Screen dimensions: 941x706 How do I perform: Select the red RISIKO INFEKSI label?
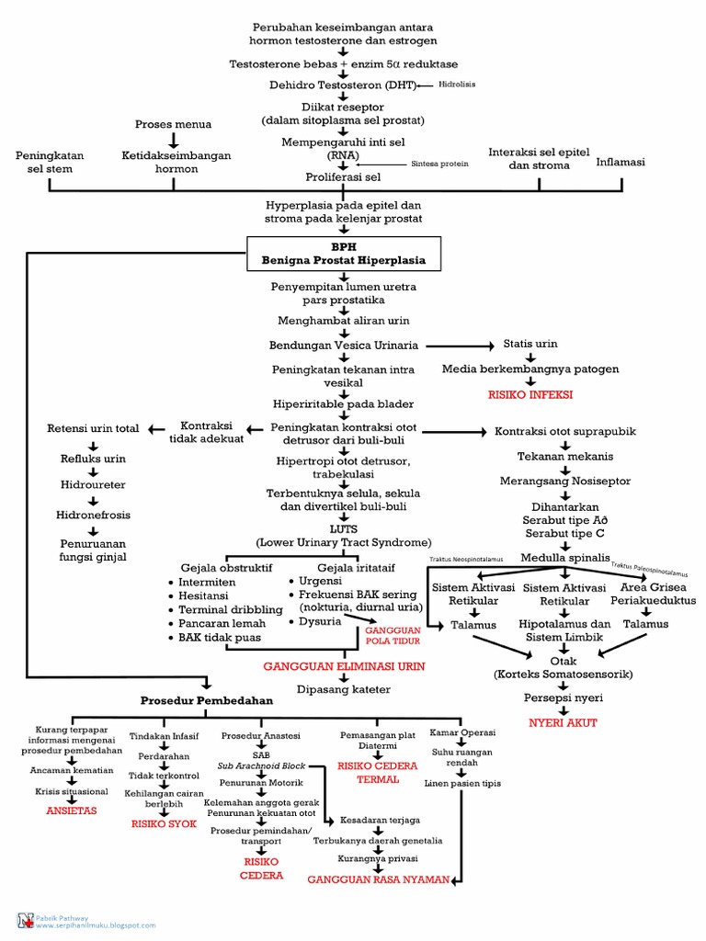(530, 393)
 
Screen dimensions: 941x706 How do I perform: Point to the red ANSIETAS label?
(71, 811)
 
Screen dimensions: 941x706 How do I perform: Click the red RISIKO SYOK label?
(164, 823)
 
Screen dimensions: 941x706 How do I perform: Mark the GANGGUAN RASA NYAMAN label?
(379, 879)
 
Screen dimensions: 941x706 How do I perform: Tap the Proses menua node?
(173, 124)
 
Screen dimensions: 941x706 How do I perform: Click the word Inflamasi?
(621, 162)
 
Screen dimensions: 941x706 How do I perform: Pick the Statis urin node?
(529, 344)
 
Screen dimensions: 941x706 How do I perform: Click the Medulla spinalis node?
(564, 557)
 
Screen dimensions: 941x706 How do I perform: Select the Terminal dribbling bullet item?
(217, 609)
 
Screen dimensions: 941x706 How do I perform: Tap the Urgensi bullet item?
(319, 581)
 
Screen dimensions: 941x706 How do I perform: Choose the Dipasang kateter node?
(339, 686)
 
